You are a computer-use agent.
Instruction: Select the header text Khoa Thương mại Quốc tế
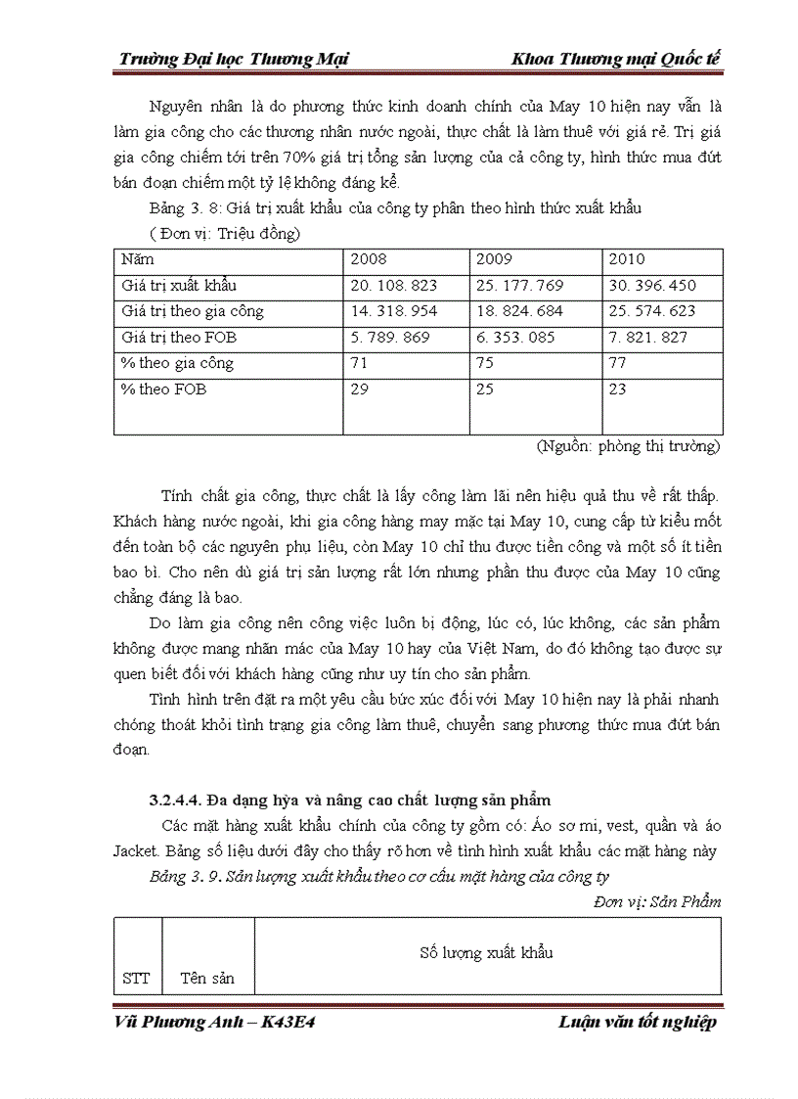(616, 60)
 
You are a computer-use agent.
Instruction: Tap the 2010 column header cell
(627, 260)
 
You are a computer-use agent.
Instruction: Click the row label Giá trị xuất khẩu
(179, 286)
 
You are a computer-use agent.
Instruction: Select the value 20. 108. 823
(394, 286)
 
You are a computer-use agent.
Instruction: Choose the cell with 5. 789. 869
(389, 338)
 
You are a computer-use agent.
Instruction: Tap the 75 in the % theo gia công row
(484, 363)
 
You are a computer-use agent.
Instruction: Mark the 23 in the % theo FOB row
(617, 389)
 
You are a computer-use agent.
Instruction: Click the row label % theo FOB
(163, 389)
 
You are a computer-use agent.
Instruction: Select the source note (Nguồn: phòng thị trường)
(628, 446)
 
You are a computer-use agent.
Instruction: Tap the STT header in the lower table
(137, 978)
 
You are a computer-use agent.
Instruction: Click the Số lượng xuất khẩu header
(487, 952)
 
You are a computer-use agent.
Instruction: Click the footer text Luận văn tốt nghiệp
(638, 1023)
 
